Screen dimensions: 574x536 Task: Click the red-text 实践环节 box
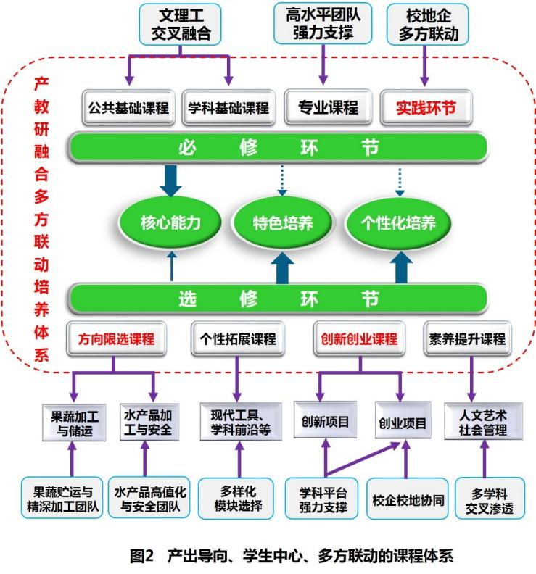[x=426, y=108]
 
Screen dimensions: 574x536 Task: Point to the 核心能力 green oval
[x=170, y=222]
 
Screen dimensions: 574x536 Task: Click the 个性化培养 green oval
[x=399, y=222]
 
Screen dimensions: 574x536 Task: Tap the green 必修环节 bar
[x=278, y=148]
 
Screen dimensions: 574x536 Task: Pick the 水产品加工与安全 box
[x=148, y=423]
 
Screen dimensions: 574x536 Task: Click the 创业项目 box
[x=401, y=423]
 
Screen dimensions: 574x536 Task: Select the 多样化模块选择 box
[x=236, y=499]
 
